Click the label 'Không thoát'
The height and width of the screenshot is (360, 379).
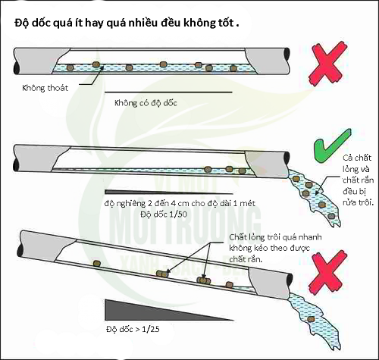pos(45,88)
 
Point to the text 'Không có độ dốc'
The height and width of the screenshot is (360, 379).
pos(146,103)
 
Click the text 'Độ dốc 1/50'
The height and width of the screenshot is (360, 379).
pos(164,214)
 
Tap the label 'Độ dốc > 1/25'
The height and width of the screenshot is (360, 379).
pos(133,329)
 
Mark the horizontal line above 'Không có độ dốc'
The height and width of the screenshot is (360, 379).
pos(168,92)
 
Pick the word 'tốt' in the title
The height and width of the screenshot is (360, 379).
pos(225,23)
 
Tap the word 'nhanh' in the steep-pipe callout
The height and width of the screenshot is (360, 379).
pos(310,237)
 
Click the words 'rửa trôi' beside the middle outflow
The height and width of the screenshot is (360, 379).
pos(359,202)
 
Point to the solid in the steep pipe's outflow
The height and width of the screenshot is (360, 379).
pos(311,319)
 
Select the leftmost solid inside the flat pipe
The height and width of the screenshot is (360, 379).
pos(70,67)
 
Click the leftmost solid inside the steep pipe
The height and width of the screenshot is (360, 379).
pos(96,264)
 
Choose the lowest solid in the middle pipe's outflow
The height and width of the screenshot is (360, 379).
pos(331,216)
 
